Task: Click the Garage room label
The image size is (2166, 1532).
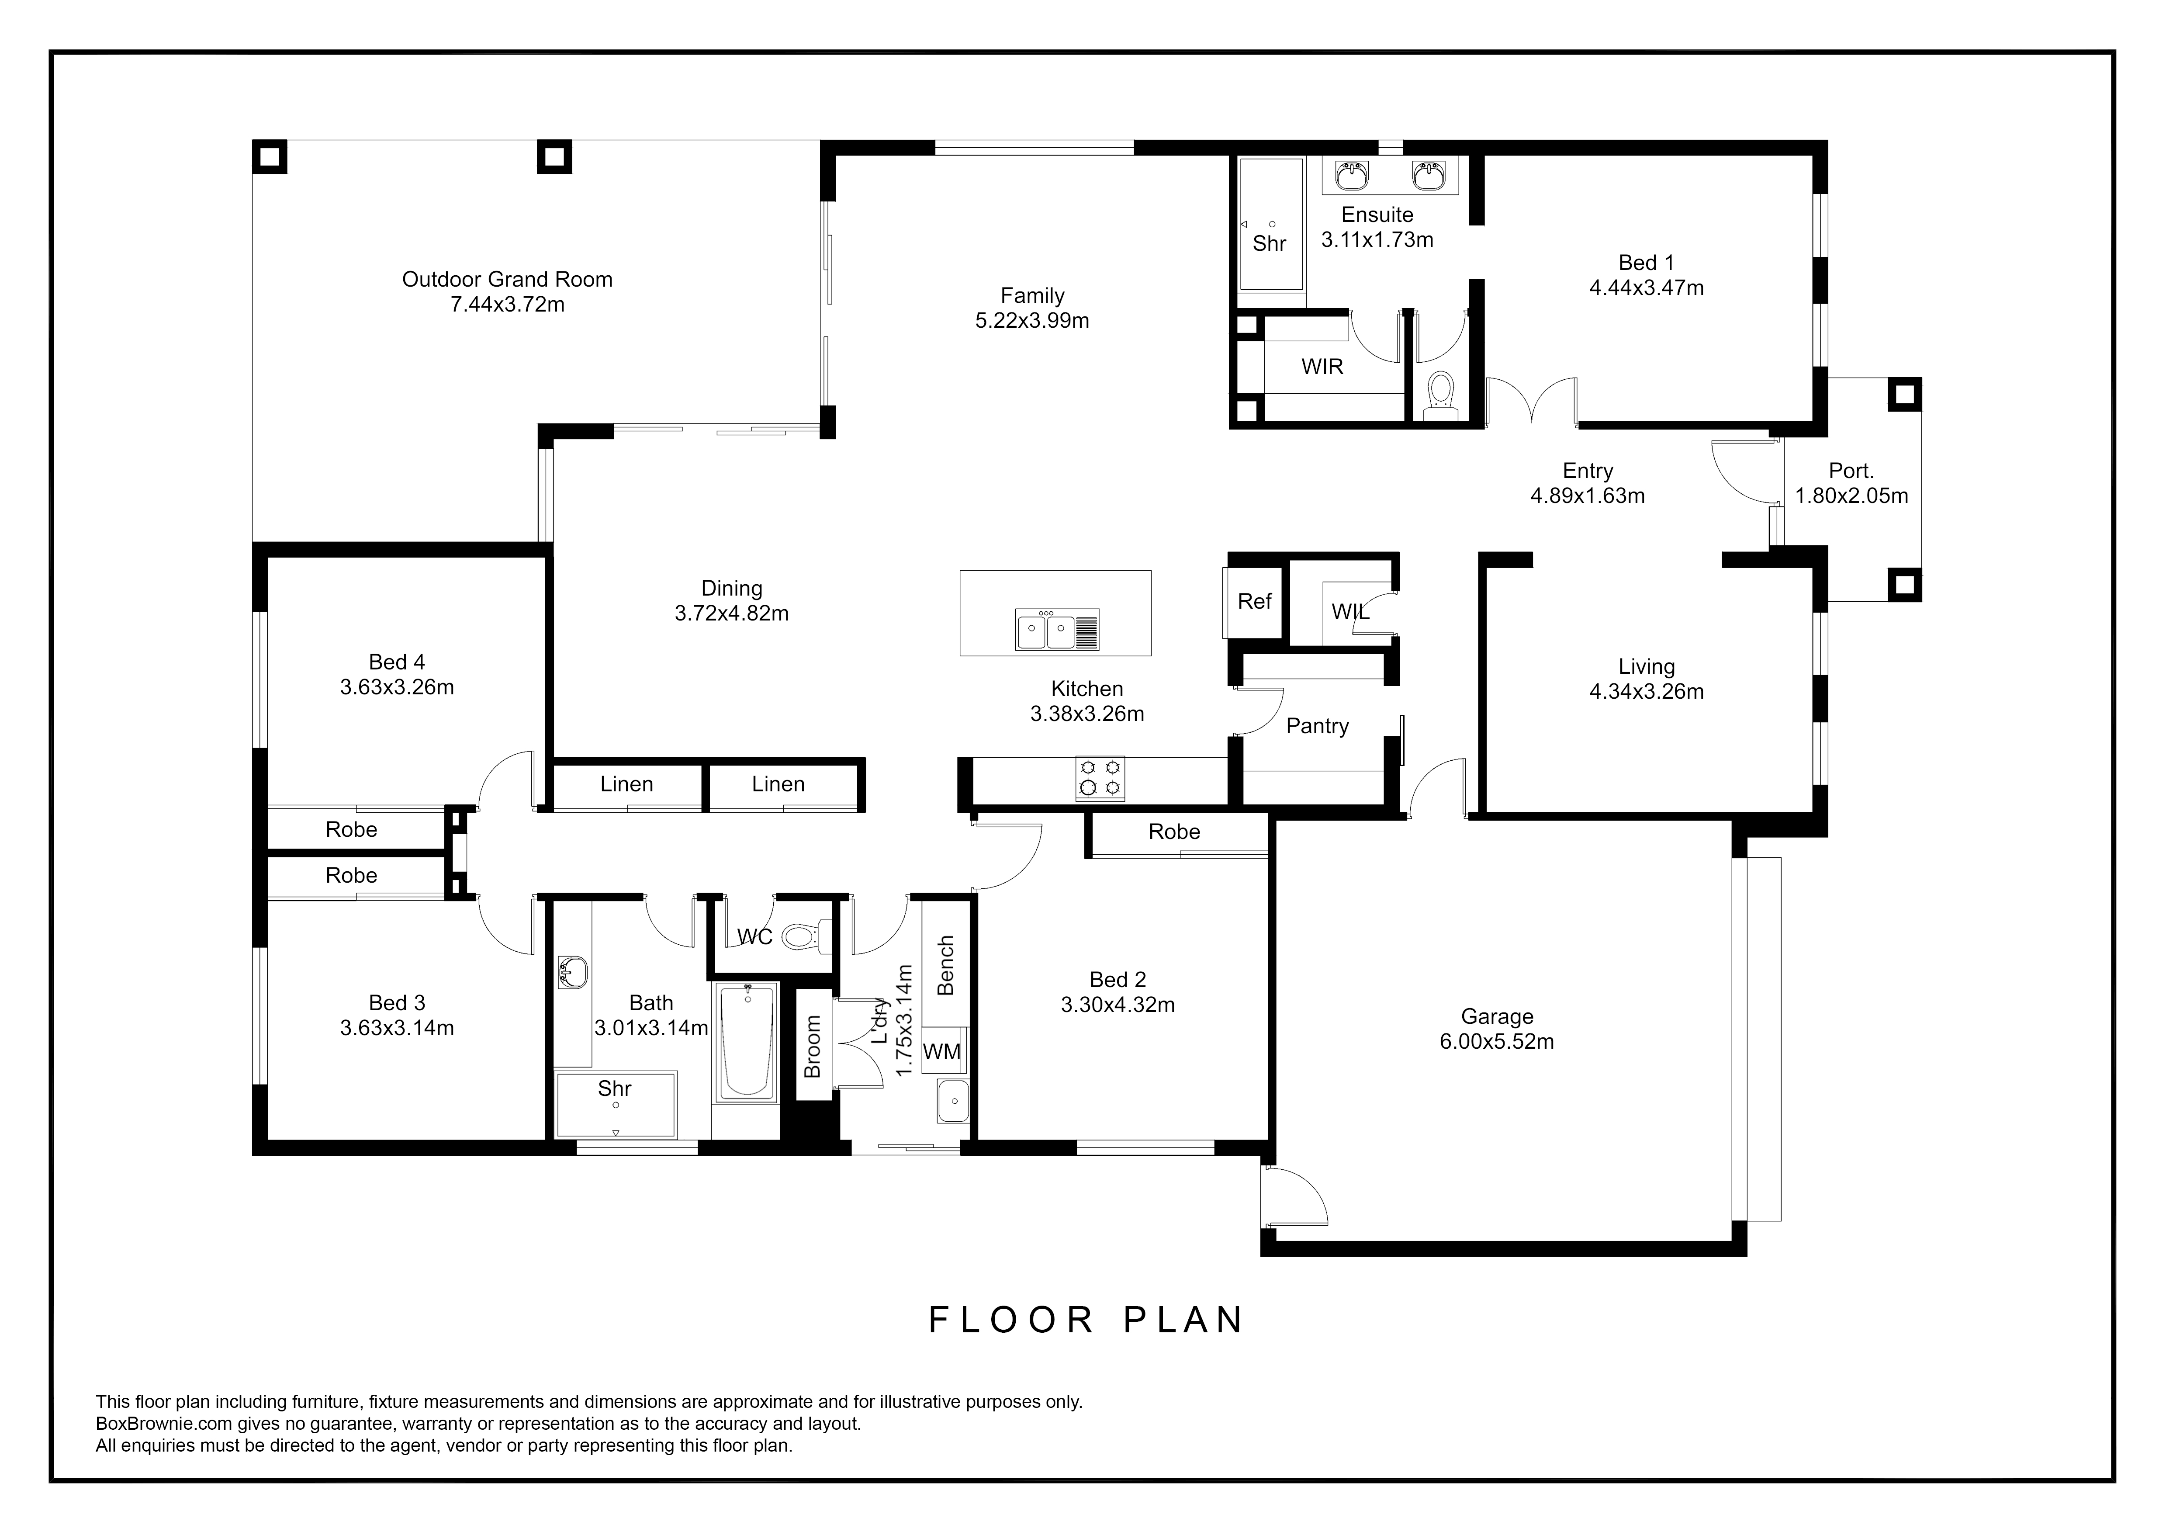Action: (1497, 1017)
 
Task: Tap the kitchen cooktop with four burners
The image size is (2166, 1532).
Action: (1100, 778)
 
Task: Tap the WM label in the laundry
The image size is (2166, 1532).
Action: (941, 1052)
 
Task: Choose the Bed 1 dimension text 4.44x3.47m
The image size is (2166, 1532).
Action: (1646, 288)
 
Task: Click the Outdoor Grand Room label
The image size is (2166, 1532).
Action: (508, 279)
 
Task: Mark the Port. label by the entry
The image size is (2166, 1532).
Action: (1851, 471)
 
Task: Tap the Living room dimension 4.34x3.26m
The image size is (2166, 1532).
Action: (1646, 691)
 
